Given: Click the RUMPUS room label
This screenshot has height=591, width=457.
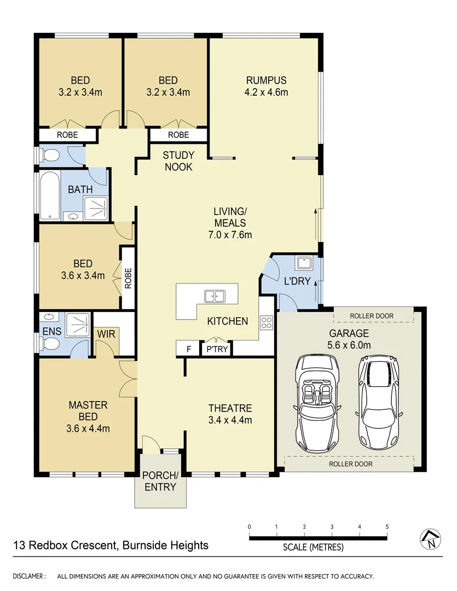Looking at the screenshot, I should [x=266, y=80].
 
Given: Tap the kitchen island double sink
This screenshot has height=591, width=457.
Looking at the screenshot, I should [x=215, y=296].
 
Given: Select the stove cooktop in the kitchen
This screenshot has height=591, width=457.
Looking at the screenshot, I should [x=267, y=322].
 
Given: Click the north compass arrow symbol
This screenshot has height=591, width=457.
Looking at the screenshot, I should [x=431, y=540].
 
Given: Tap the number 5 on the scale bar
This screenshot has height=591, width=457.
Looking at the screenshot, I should [x=387, y=527].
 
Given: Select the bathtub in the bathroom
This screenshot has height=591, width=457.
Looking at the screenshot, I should [x=49, y=196].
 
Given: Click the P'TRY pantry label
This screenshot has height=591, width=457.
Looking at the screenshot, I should [x=217, y=349].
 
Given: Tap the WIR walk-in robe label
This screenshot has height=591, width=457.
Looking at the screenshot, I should [x=106, y=334].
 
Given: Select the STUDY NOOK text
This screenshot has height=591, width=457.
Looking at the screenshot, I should [x=178, y=161].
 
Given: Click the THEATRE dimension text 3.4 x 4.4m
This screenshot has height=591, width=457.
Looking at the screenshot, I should [x=230, y=420].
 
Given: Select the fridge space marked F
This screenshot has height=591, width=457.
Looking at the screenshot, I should [x=189, y=349].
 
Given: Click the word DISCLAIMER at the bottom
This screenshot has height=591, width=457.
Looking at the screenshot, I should [x=30, y=576].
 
